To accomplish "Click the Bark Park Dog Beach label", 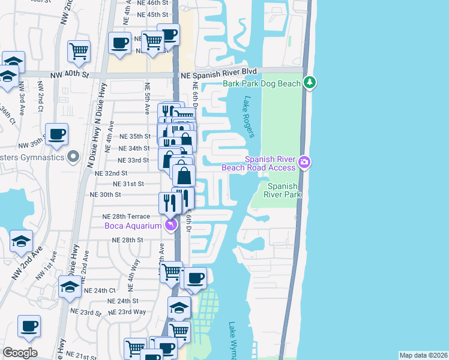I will point(261,83).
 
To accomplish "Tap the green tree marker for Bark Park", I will point(309,83).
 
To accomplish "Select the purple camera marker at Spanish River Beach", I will point(304,162).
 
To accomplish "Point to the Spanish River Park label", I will point(282,190).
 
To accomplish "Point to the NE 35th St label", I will point(134,136).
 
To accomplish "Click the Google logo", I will point(20,353).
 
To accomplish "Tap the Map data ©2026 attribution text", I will point(423,355).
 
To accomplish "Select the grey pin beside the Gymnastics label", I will point(73,157).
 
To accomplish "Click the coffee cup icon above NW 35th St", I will point(57,134).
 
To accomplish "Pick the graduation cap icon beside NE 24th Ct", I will point(70,287).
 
